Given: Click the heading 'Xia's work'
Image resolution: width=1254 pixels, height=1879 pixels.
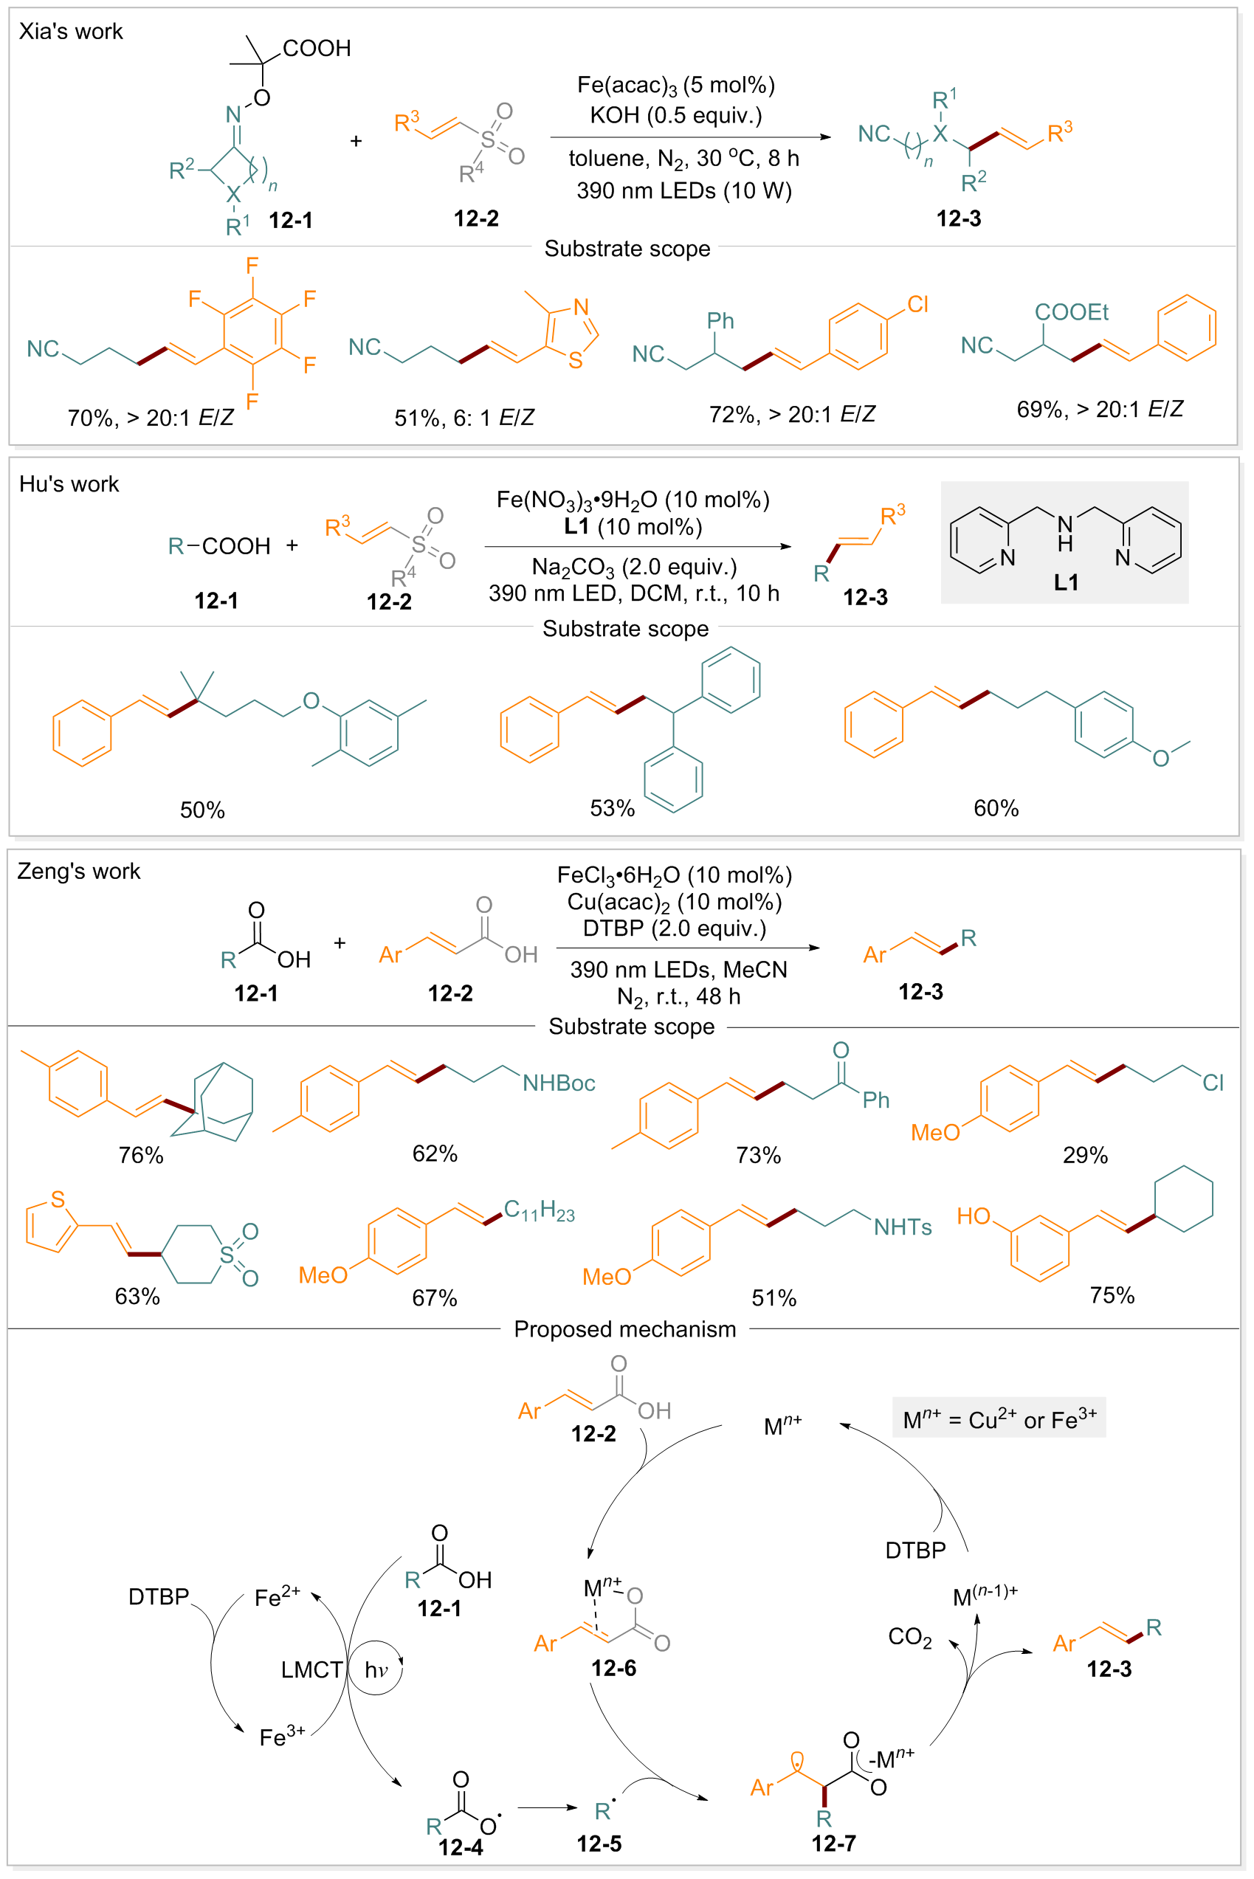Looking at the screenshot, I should pyautogui.click(x=70, y=31).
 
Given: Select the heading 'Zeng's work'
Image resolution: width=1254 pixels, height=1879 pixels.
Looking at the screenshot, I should pyautogui.click(x=78, y=871).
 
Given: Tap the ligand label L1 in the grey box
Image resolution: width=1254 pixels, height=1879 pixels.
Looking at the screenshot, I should pyautogui.click(x=1066, y=582).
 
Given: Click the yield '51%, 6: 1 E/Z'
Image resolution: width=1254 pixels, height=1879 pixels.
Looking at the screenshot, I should pyautogui.click(x=464, y=418).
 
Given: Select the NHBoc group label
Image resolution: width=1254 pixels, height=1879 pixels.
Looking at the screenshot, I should pyautogui.click(x=558, y=1083).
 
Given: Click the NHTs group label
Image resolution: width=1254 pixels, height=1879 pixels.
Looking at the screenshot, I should pyautogui.click(x=902, y=1227).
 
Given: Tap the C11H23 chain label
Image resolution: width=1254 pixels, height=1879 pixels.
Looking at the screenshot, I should pyautogui.click(x=539, y=1210).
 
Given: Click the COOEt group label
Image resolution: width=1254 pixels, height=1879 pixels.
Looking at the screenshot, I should pyautogui.click(x=1071, y=312).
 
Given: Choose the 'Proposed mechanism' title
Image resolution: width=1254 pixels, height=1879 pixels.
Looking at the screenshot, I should pyautogui.click(x=624, y=1329).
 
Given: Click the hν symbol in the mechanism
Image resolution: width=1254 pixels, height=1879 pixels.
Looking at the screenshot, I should pyautogui.click(x=376, y=1669).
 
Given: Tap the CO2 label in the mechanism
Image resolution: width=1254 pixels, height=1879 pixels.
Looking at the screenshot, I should pyautogui.click(x=909, y=1637).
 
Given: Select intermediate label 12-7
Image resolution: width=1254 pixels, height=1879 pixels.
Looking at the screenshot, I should pyautogui.click(x=833, y=1843).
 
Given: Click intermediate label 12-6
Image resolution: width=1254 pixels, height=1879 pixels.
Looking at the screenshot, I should pyautogui.click(x=613, y=1668).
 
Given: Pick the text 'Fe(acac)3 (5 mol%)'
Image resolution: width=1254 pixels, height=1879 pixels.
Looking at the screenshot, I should pyautogui.click(x=676, y=85).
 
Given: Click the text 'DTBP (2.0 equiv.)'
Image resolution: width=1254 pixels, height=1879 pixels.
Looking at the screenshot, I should pyautogui.click(x=674, y=928).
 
